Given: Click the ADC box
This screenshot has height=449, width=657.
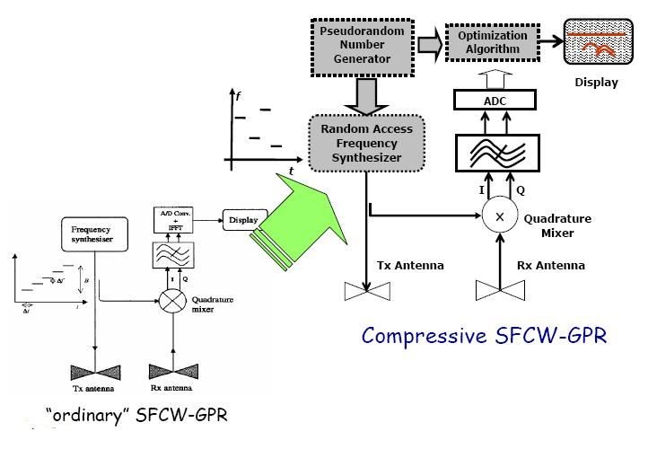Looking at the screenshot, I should pyautogui.click(x=495, y=101).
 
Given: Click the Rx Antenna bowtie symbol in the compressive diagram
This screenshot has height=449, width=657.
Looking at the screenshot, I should pyautogui.click(x=499, y=291).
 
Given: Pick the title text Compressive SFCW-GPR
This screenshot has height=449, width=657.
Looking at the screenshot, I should pyautogui.click(x=485, y=336).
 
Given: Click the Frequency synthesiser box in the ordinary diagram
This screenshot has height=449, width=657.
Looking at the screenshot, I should pyautogui.click(x=90, y=234).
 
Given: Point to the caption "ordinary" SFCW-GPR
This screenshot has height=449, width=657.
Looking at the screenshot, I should pyautogui.click(x=136, y=415).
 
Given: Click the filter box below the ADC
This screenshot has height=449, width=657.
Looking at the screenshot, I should pyautogui.click(x=495, y=154).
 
